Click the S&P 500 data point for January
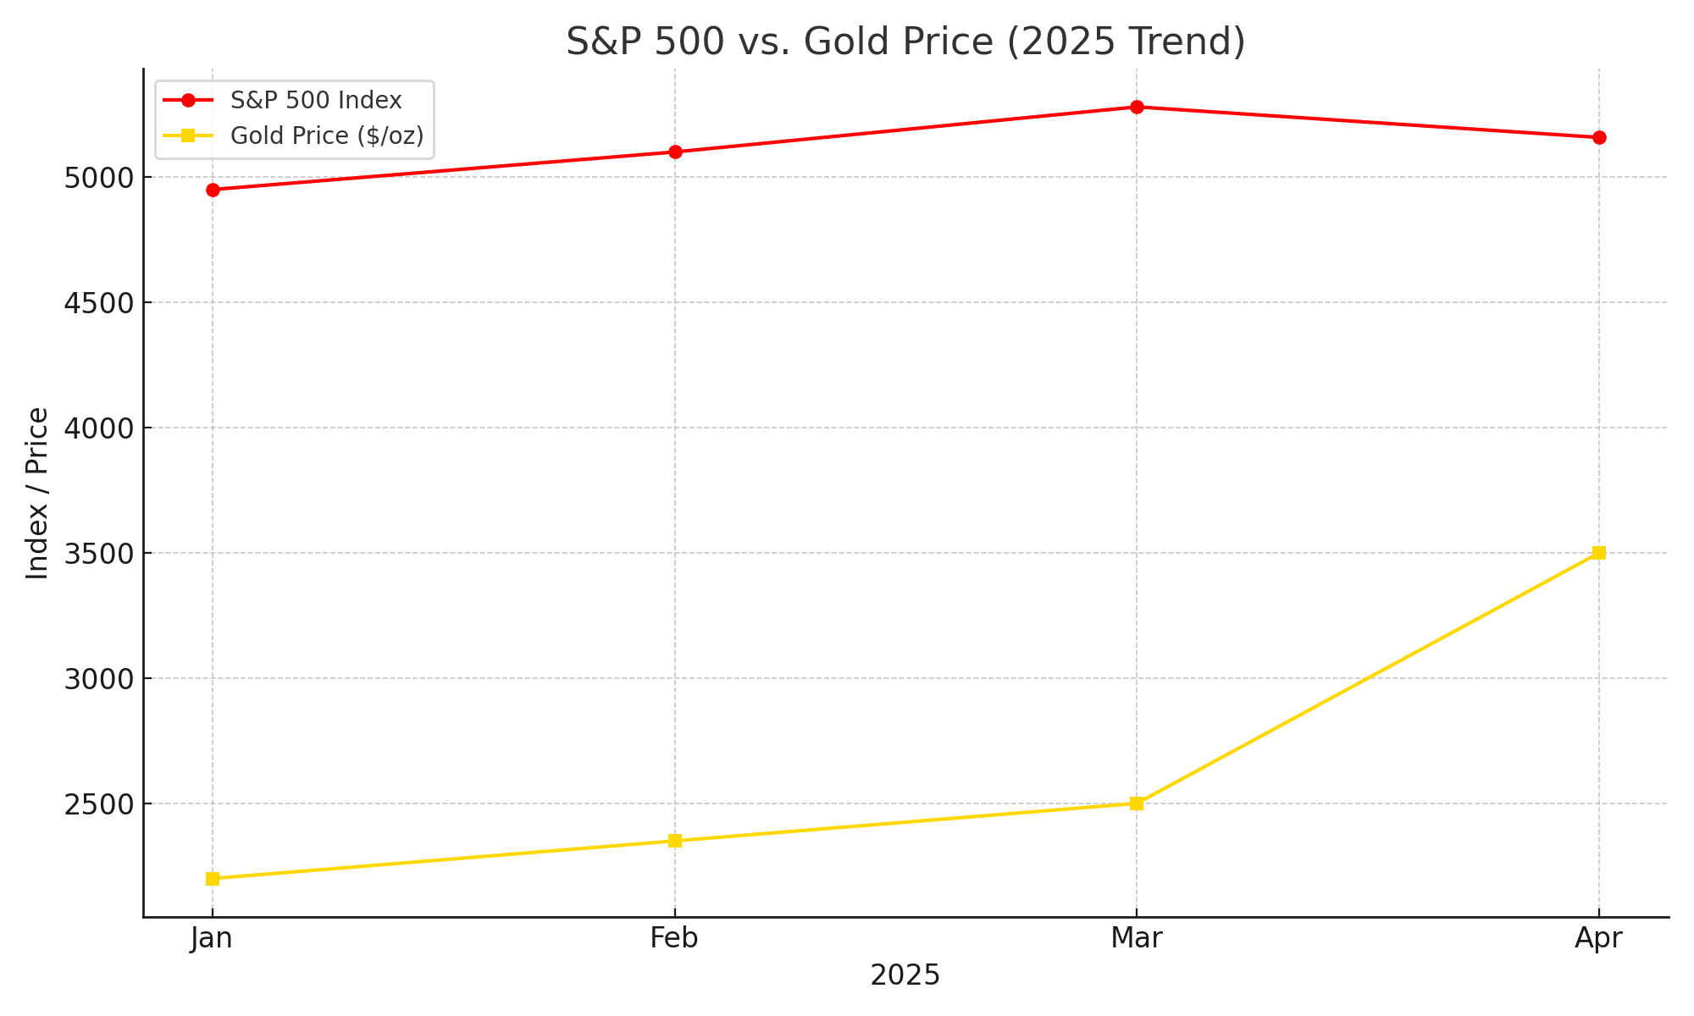point(213,190)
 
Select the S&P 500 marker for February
point(675,152)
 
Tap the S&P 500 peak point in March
point(1137,107)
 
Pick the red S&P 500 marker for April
point(1599,137)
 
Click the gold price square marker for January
point(213,879)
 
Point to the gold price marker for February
point(675,841)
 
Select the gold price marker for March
point(1137,803)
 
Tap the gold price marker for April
point(1599,553)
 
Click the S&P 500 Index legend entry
point(316,101)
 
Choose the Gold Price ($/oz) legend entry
point(327,136)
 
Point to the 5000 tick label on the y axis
point(98,179)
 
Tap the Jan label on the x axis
point(212,938)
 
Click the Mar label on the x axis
point(1137,938)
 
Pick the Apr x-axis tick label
point(1598,938)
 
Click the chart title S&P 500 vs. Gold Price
point(905,41)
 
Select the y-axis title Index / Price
point(37,494)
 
